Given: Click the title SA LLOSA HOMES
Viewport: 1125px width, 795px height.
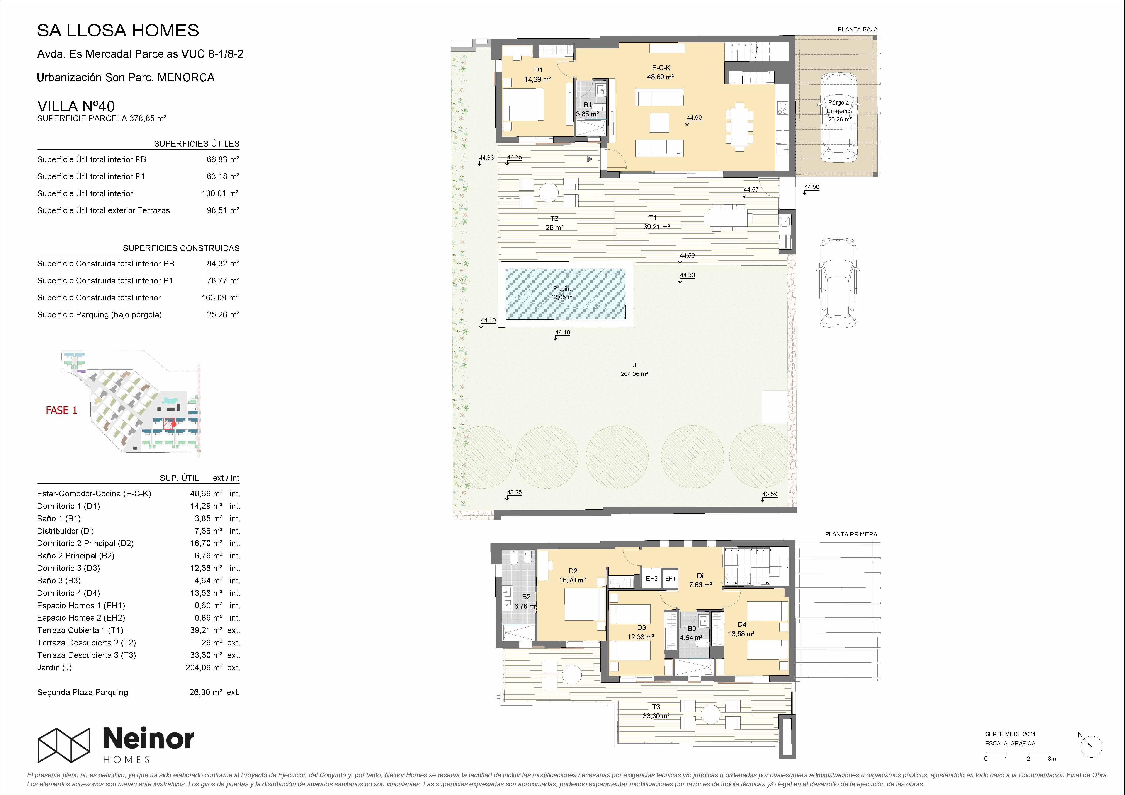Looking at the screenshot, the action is click(x=118, y=30).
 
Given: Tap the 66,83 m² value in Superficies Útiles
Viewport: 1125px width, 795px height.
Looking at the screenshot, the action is click(x=223, y=159).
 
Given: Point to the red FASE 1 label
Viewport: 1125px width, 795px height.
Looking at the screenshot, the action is click(x=62, y=411).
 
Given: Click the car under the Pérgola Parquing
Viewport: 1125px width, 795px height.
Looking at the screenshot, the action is click(x=839, y=118).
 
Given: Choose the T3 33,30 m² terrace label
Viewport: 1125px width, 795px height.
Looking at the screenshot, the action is click(x=656, y=711).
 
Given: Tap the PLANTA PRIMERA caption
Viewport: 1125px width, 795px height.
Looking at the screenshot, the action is click(x=851, y=534).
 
